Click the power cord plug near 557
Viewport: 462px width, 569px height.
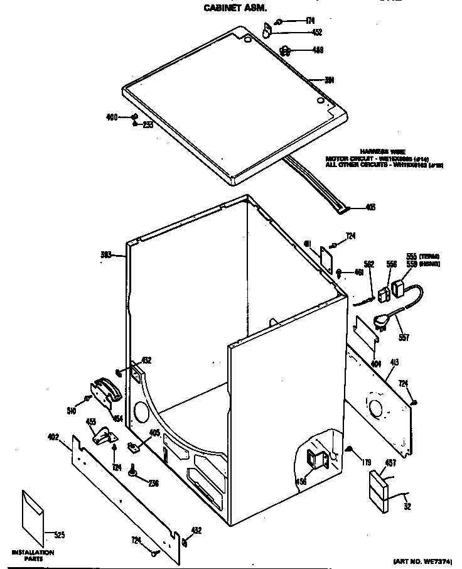382,322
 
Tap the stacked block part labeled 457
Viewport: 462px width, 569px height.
379,485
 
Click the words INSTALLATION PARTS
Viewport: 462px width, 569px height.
33,555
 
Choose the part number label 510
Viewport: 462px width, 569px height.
72,411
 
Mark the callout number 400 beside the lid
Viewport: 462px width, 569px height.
111,117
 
